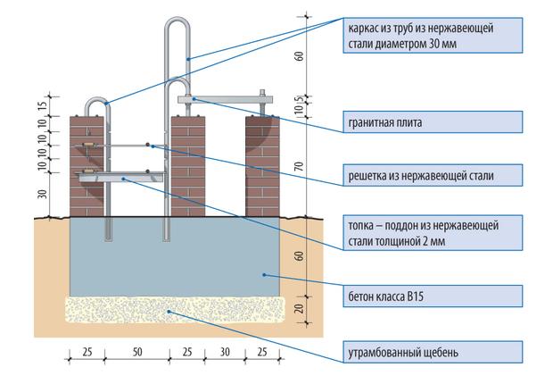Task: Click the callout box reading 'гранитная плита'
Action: pos(433,122)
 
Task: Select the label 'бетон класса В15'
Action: pos(433,296)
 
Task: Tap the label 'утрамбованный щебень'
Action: pos(433,352)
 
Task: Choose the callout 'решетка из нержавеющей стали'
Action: pos(433,175)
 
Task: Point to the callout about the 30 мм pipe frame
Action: pos(433,36)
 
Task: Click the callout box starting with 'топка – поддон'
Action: pos(433,233)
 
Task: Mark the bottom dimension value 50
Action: pos(137,352)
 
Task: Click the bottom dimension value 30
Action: pos(225,352)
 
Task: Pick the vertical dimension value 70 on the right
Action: pos(299,166)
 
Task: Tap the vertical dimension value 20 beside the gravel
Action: pos(299,308)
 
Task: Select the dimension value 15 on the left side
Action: pos(42,106)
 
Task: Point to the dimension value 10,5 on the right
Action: pos(299,104)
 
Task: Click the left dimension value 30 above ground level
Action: pos(42,194)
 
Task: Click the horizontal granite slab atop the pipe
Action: pos(226,100)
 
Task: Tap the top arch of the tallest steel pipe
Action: pos(177,21)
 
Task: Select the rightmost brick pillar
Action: pos(262,166)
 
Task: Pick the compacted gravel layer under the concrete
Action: pos(175,310)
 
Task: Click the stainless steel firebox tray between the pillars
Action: pos(121,178)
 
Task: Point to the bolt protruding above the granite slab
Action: pos(262,93)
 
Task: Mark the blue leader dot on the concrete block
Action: pos(264,274)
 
